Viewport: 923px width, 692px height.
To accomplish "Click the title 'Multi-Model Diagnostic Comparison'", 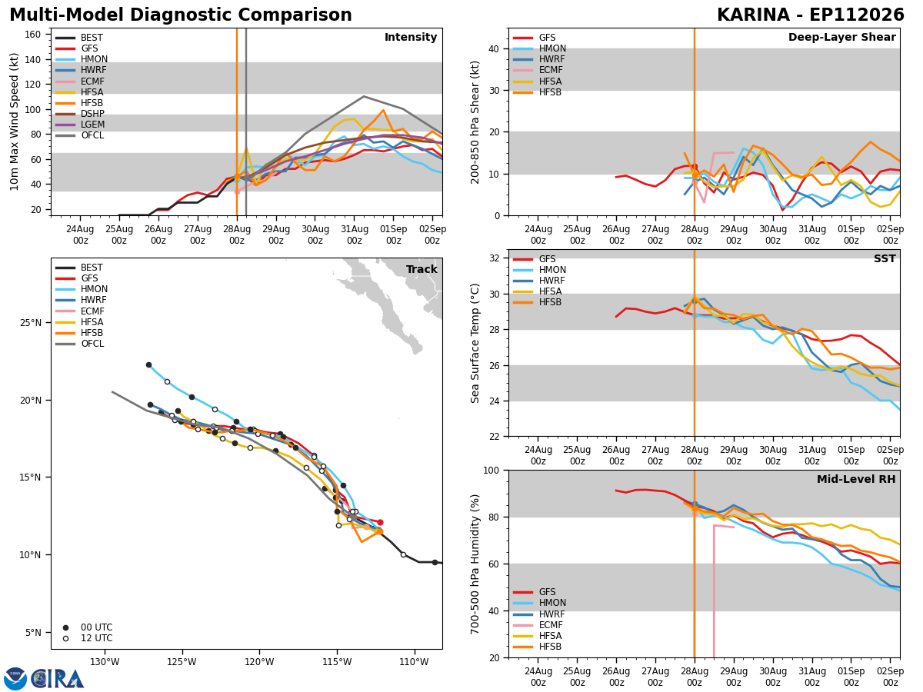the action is coord(181,15).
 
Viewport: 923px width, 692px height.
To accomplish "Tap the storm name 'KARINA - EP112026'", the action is coord(810,15).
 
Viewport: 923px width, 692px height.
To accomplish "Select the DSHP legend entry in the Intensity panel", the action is coord(80,114).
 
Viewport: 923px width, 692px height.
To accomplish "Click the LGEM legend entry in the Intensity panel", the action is coord(80,125).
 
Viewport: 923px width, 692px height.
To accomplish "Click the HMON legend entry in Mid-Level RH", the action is coord(539,603).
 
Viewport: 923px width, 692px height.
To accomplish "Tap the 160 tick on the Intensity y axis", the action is coord(32,35).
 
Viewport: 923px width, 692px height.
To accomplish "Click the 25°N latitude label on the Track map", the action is coord(31,323).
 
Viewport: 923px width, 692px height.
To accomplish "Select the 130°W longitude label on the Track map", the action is coord(105,662).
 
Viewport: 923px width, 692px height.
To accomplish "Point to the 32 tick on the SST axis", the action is coord(495,258).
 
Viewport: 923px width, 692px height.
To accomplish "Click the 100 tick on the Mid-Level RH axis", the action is coord(491,471).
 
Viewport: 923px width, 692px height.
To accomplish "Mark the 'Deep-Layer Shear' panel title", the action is coord(841,37).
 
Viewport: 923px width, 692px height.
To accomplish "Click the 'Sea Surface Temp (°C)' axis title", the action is coord(475,343).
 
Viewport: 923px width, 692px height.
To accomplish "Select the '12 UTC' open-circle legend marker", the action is coord(65,638).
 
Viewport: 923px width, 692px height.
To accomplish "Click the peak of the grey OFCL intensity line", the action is coord(364,97).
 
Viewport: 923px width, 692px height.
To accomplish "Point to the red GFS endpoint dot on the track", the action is coord(380,522).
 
